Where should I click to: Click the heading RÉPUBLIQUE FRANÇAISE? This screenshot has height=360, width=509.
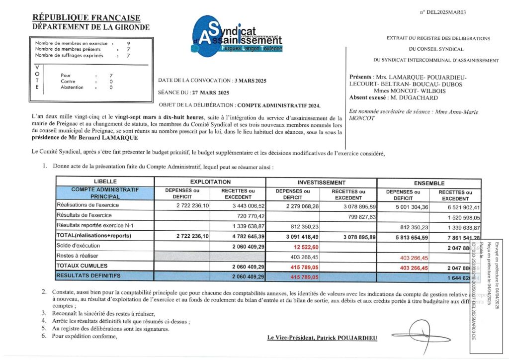click(x=86, y=18)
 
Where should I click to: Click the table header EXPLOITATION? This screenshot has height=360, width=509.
click(x=210, y=182)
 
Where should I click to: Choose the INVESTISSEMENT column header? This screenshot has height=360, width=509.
click(x=322, y=182)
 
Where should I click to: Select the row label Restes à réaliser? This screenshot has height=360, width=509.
click(x=77, y=256)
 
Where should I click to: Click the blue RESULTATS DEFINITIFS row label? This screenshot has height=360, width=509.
click(x=88, y=275)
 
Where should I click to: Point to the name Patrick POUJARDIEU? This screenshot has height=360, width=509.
click(x=346, y=338)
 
